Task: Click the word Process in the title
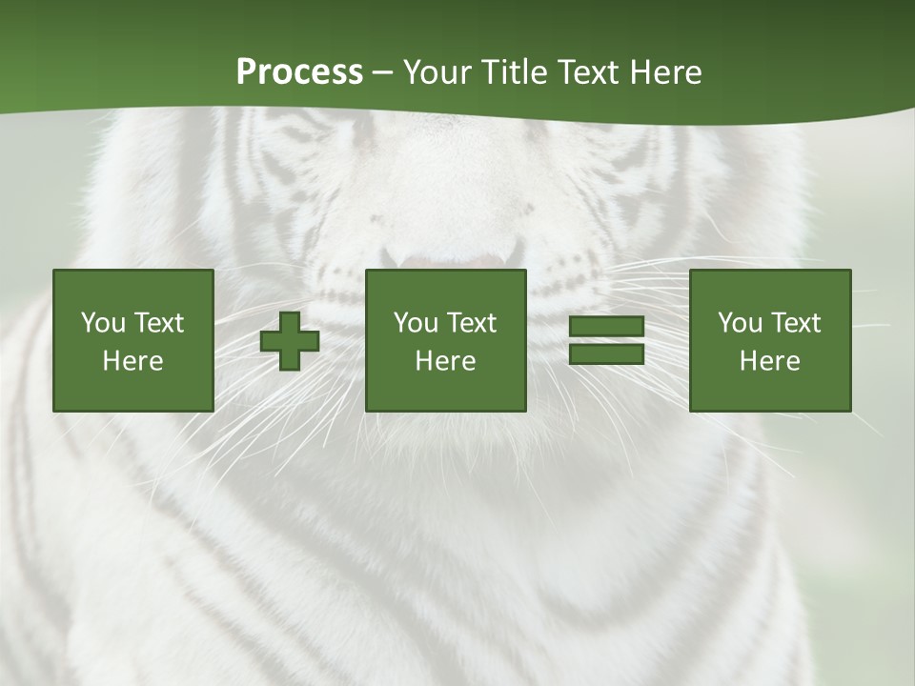point(299,72)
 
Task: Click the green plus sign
point(290,341)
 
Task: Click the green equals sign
point(606,340)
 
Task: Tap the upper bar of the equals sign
point(606,327)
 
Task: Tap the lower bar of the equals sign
point(606,353)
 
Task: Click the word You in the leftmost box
point(102,323)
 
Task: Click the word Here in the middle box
point(445,361)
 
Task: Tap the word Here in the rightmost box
point(769,361)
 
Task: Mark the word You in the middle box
point(415,323)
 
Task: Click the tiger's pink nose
point(448,259)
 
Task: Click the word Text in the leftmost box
point(158,323)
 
